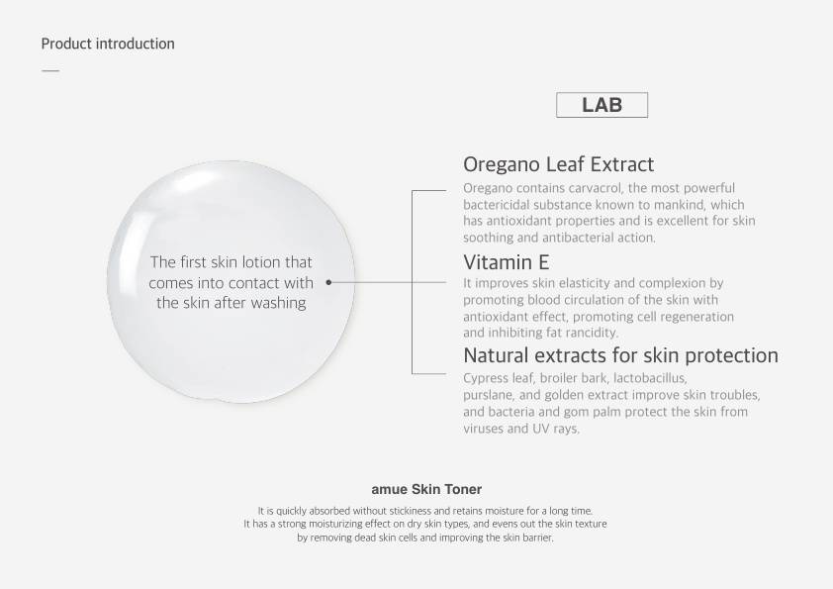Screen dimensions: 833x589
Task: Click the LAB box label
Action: coord(602,105)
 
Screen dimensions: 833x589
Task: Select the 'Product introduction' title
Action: coord(108,44)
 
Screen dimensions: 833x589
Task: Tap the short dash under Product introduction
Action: coord(50,70)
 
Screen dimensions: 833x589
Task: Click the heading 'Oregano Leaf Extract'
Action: coord(558,164)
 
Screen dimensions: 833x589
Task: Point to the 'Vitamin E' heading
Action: coord(507,262)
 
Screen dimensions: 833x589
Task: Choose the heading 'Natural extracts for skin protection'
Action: coord(620,355)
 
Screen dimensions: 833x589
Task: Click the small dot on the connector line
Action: coord(328,282)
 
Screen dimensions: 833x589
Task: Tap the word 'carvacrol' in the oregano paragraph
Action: coord(597,188)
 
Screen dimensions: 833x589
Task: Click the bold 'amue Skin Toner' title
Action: coord(426,489)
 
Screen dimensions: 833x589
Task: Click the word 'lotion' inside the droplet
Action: coord(261,262)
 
